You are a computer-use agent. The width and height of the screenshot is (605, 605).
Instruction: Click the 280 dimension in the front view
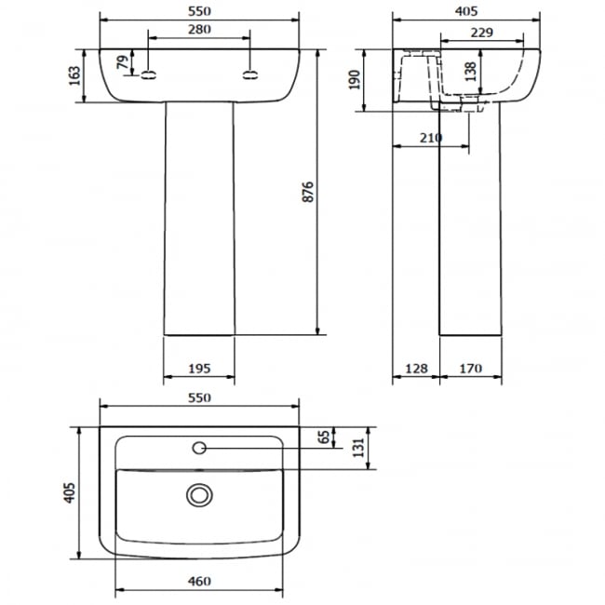click(x=199, y=29)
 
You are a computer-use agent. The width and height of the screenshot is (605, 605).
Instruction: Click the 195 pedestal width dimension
click(x=199, y=369)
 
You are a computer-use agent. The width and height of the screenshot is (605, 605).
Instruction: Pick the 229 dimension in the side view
click(x=481, y=33)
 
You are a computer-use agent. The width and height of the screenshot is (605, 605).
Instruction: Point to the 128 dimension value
click(x=414, y=369)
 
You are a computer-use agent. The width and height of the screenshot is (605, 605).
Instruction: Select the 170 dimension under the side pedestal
click(x=471, y=369)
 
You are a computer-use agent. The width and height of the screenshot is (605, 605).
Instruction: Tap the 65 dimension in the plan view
click(x=324, y=437)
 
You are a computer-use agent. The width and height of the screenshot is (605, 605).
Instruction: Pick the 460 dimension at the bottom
click(x=199, y=582)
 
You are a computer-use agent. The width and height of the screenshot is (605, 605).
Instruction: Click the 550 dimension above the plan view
click(x=199, y=397)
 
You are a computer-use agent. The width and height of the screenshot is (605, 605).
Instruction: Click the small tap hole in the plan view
click(x=199, y=449)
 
